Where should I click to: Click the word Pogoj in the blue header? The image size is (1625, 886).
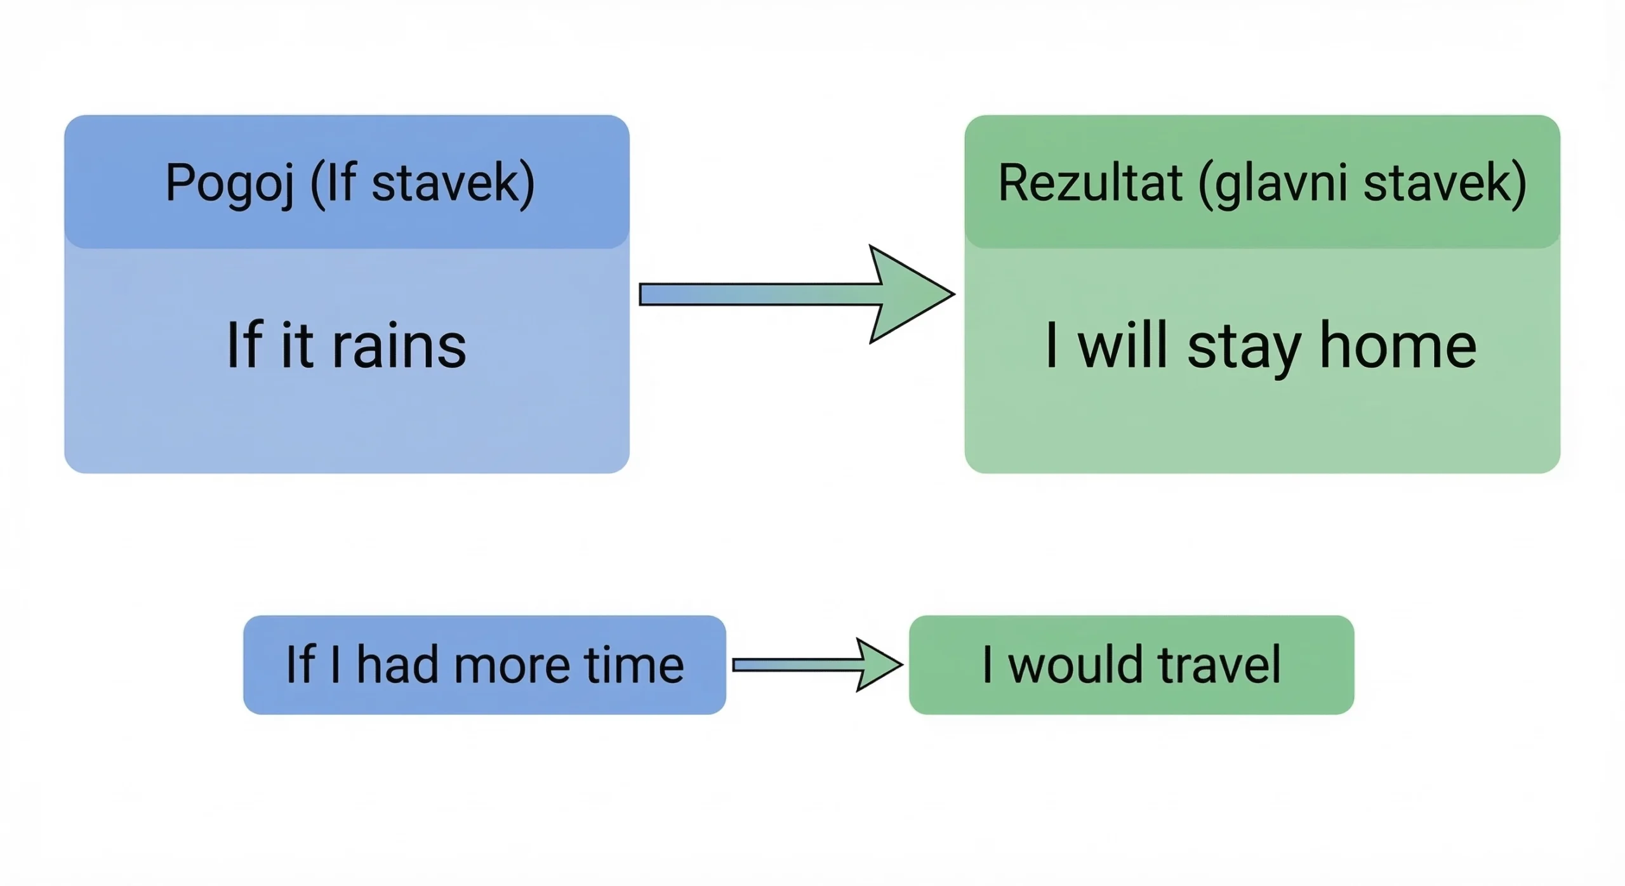point(230,183)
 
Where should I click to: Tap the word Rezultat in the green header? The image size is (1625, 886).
point(1090,183)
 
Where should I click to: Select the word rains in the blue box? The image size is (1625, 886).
point(399,346)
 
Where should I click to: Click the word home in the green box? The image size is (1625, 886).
point(1398,346)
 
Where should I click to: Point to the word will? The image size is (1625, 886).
point(1123,346)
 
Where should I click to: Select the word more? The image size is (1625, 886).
point(512,665)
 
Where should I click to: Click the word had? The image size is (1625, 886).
point(397,665)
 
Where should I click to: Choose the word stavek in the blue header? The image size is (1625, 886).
point(453,183)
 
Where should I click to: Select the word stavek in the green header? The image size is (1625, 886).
point(1445,183)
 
